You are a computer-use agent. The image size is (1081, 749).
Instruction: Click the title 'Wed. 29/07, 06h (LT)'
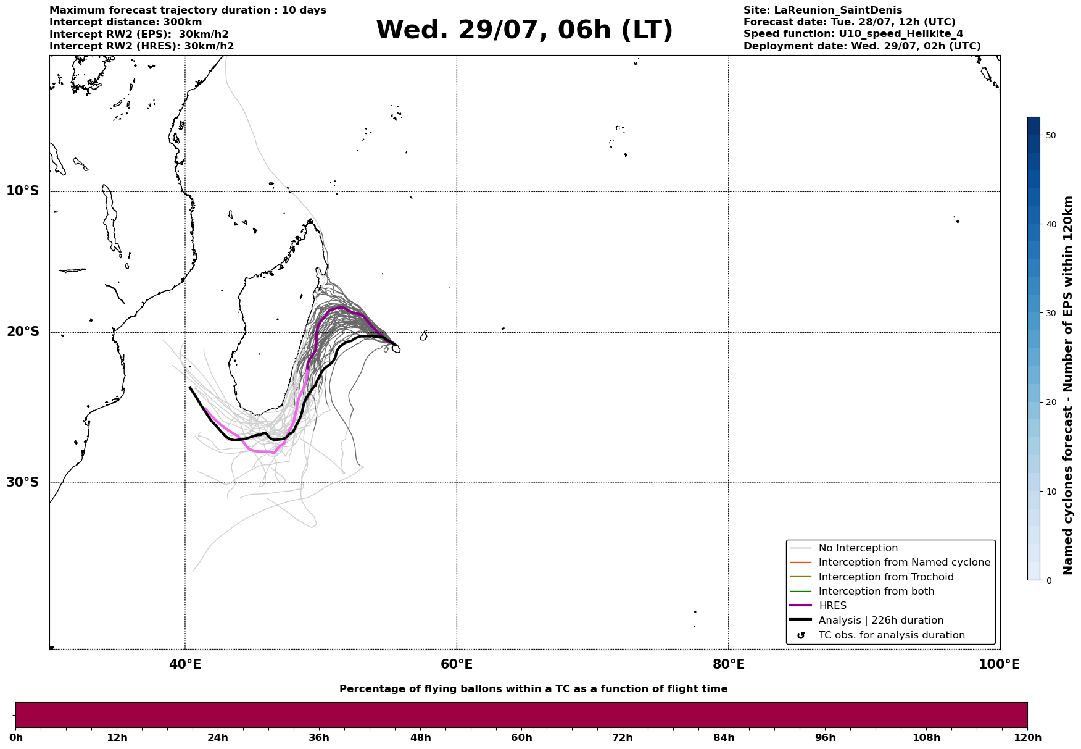[x=524, y=30]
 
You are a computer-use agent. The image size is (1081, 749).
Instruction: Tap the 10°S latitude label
[x=23, y=191]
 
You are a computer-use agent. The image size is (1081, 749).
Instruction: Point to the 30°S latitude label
[x=23, y=482]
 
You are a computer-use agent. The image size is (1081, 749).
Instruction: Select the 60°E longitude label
[x=457, y=664]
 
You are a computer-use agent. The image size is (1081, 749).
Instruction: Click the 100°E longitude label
[x=999, y=664]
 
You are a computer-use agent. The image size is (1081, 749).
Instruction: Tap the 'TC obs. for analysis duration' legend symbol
[x=801, y=635]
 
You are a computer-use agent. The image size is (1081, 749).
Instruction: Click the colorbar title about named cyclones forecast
[x=1068, y=385]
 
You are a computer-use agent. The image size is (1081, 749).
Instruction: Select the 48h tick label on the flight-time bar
[x=420, y=737]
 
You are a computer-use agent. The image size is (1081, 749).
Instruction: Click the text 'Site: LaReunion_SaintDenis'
[x=822, y=10]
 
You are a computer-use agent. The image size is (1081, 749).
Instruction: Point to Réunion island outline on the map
[x=396, y=349]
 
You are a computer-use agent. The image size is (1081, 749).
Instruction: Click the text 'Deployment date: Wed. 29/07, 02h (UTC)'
[x=862, y=46]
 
